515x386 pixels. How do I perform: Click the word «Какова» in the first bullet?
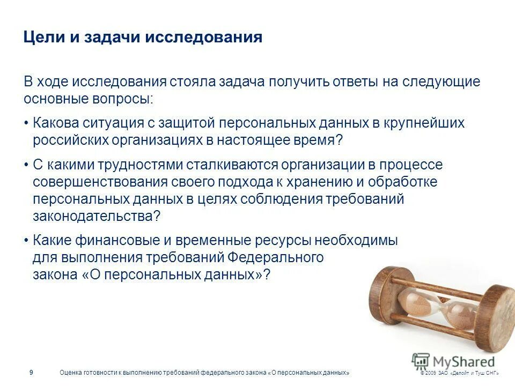(56, 123)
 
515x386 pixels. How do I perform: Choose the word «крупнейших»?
(424, 123)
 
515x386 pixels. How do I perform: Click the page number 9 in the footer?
(31, 373)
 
